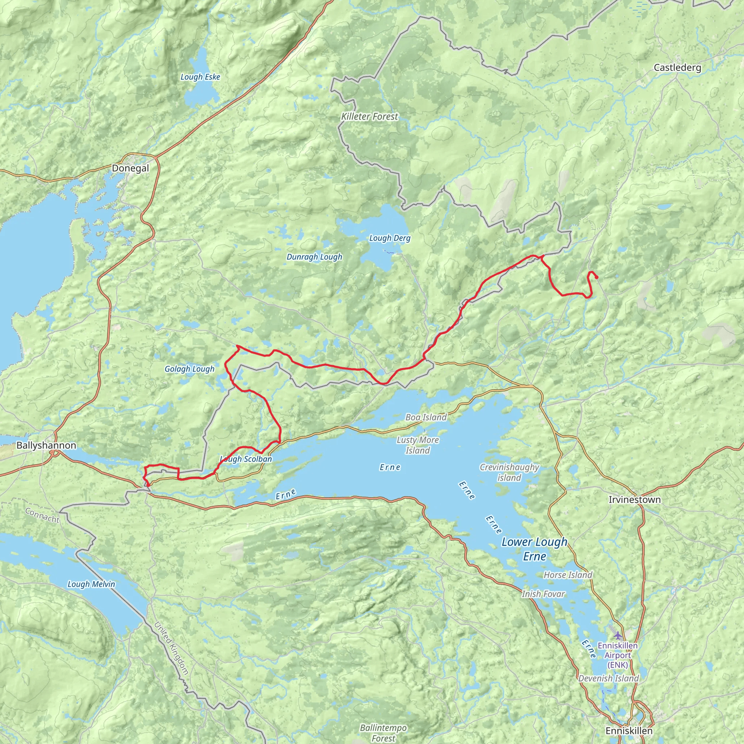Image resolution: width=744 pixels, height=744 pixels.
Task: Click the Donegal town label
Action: point(130,168)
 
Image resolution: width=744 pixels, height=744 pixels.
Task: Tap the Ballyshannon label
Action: point(46,445)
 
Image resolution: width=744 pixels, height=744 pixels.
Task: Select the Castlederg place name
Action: point(677,68)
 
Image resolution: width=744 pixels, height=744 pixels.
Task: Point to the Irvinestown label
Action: point(634,500)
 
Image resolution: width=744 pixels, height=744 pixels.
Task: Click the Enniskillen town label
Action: point(629,731)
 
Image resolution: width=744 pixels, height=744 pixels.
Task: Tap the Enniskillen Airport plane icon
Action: point(618,635)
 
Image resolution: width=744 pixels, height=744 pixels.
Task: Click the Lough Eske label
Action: point(200,77)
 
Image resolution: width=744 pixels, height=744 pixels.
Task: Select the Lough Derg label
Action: point(390,238)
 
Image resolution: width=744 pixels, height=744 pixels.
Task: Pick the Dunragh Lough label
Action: point(314,257)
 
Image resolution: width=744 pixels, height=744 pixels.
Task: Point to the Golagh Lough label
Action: point(190,369)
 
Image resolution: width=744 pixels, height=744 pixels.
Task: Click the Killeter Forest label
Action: point(370,116)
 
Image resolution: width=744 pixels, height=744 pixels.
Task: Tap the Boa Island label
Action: point(426,417)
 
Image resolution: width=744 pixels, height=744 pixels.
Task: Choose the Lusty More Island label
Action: point(418,445)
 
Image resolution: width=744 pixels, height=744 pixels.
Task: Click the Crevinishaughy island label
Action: point(509,473)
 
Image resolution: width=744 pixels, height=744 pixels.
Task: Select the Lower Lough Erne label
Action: point(534,549)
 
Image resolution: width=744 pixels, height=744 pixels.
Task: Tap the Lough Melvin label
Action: point(91,584)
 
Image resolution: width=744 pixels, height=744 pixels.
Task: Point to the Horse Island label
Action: point(568,575)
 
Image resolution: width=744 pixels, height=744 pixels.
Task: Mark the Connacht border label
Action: point(43,515)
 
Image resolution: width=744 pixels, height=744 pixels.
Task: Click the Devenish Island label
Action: point(608,679)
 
